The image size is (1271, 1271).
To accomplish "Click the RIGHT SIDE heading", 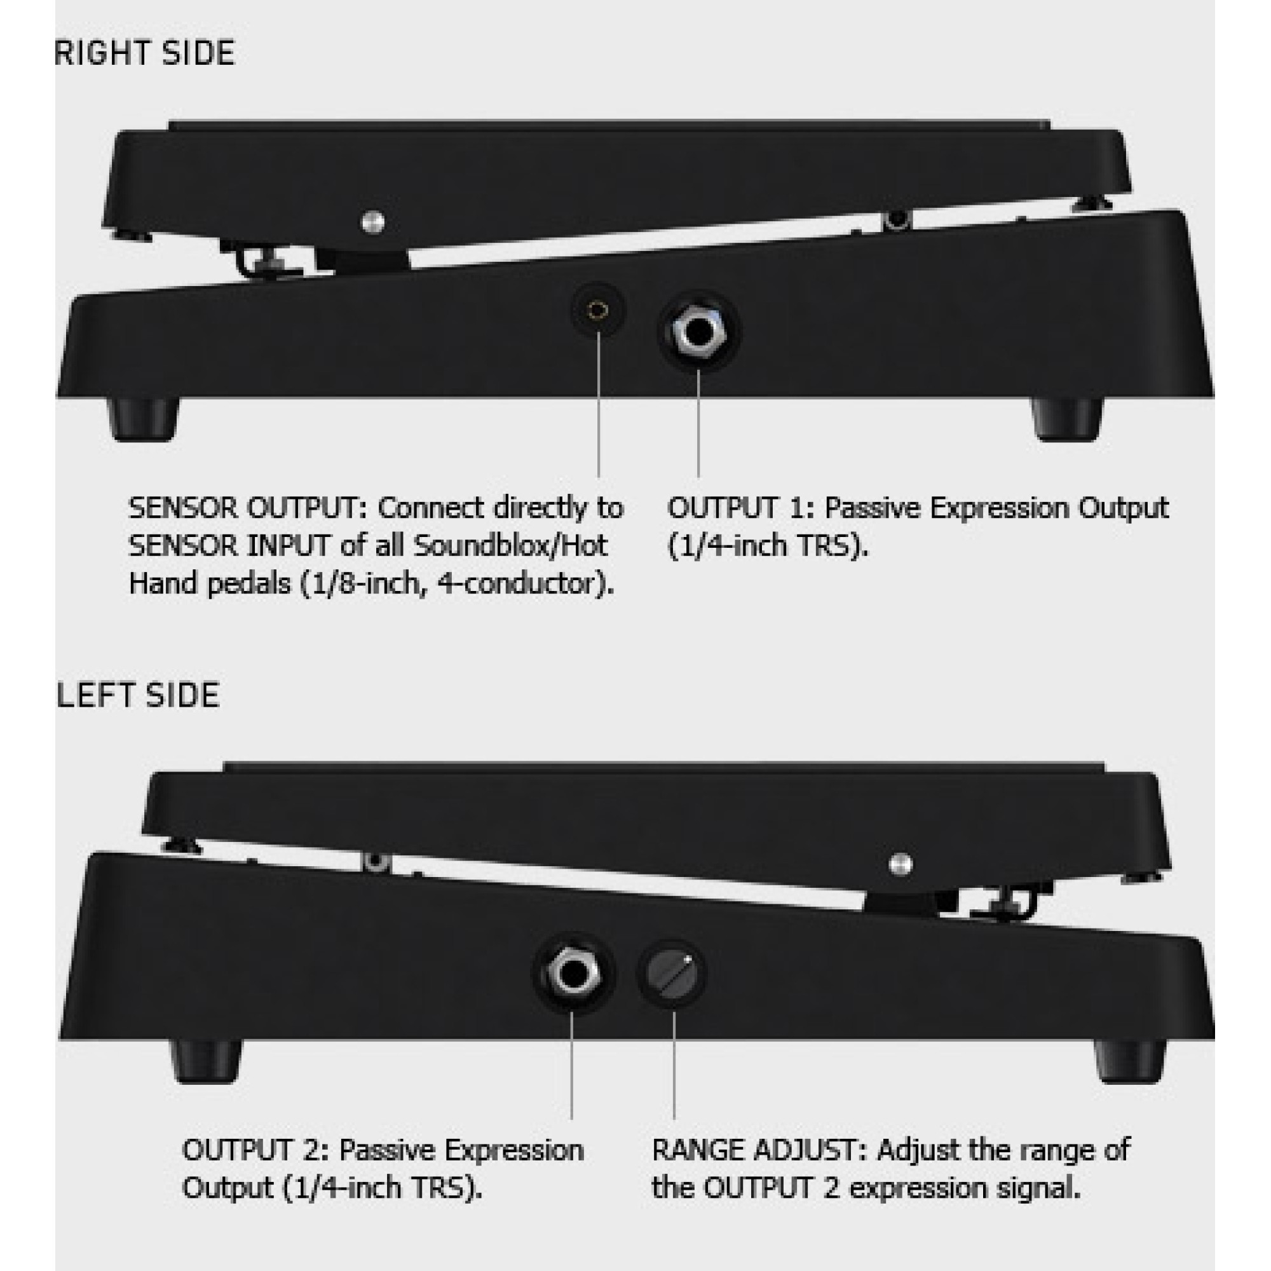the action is click(x=145, y=53).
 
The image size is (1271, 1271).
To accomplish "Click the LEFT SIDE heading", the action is click(x=138, y=696).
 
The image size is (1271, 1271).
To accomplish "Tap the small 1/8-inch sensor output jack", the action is click(x=598, y=310).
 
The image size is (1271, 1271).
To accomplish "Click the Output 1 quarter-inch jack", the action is click(x=698, y=332).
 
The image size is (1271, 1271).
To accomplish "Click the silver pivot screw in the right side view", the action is click(x=373, y=222).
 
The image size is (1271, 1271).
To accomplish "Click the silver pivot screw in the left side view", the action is click(x=900, y=864).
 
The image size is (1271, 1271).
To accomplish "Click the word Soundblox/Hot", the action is click(x=510, y=546).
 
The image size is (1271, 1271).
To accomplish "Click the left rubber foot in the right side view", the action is click(x=143, y=419).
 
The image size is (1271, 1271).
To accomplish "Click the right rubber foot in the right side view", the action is click(x=1066, y=419).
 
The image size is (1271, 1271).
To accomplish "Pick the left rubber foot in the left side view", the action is click(x=206, y=1061).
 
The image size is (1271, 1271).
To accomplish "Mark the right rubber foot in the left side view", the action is click(x=1129, y=1061).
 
